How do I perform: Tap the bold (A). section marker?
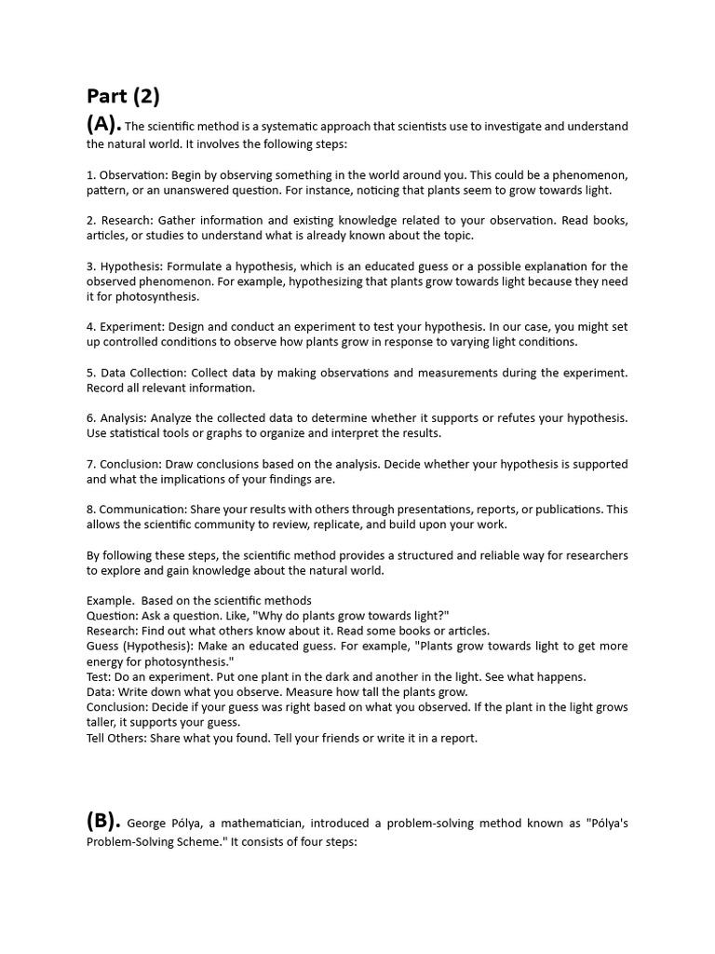104,125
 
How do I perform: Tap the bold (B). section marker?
104,821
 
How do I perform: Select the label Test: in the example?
101,677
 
